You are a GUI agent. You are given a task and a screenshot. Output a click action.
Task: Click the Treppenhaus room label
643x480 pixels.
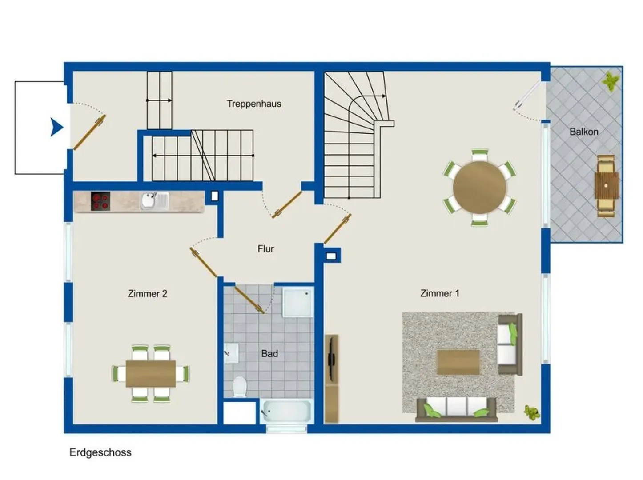253,104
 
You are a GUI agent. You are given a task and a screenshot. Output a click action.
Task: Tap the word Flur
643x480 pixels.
266,249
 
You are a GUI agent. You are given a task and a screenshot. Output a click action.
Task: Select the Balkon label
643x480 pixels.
583,132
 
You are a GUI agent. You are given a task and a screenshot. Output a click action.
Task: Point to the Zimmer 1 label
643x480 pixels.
440,293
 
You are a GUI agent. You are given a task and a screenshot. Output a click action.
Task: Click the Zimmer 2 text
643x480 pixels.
147,294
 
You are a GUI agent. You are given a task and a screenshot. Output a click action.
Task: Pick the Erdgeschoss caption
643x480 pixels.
100,452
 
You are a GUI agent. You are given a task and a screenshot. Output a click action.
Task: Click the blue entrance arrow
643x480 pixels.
56,127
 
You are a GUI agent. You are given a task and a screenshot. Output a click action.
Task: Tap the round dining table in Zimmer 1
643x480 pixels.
479,188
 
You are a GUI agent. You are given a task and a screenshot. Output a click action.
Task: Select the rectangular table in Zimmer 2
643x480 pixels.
151,373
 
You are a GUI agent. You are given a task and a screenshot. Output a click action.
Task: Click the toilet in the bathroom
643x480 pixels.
239,387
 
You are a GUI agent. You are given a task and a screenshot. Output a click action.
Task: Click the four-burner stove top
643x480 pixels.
100,201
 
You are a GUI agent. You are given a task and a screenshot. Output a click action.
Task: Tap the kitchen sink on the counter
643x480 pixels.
154,201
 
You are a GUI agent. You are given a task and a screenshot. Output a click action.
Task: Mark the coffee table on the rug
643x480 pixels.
458,362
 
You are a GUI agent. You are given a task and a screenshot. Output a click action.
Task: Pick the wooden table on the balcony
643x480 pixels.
607,186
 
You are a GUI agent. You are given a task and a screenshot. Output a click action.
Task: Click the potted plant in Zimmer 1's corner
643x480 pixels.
532,412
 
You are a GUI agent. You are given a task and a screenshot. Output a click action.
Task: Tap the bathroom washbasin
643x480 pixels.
231,353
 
